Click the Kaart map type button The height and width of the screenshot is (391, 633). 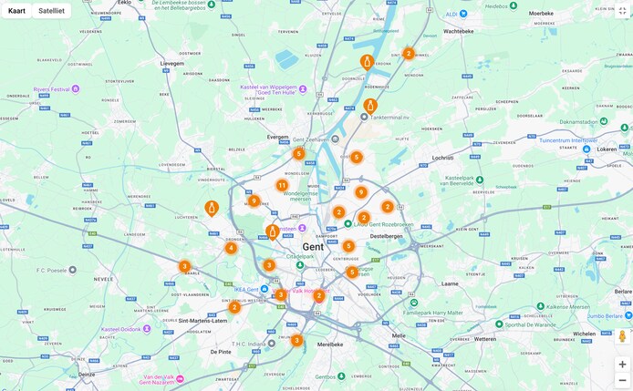[16, 11]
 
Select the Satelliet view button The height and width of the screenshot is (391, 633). [51, 11]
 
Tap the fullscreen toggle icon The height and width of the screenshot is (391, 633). [622, 11]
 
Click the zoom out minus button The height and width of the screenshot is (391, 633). [622, 380]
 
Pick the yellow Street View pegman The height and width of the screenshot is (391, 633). [622, 336]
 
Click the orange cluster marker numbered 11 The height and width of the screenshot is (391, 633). [282, 185]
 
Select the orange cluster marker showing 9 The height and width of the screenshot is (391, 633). [361, 192]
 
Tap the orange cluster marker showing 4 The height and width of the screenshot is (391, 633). [231, 248]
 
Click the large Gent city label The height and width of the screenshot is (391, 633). [313, 247]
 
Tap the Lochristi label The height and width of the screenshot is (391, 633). [442, 158]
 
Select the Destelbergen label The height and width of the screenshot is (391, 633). [387, 235]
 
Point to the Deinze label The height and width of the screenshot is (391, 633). [87, 374]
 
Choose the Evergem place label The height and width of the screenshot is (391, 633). [277, 137]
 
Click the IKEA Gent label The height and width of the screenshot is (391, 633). [246, 290]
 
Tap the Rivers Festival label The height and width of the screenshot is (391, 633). [52, 89]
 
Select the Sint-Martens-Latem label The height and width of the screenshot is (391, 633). [202, 321]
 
